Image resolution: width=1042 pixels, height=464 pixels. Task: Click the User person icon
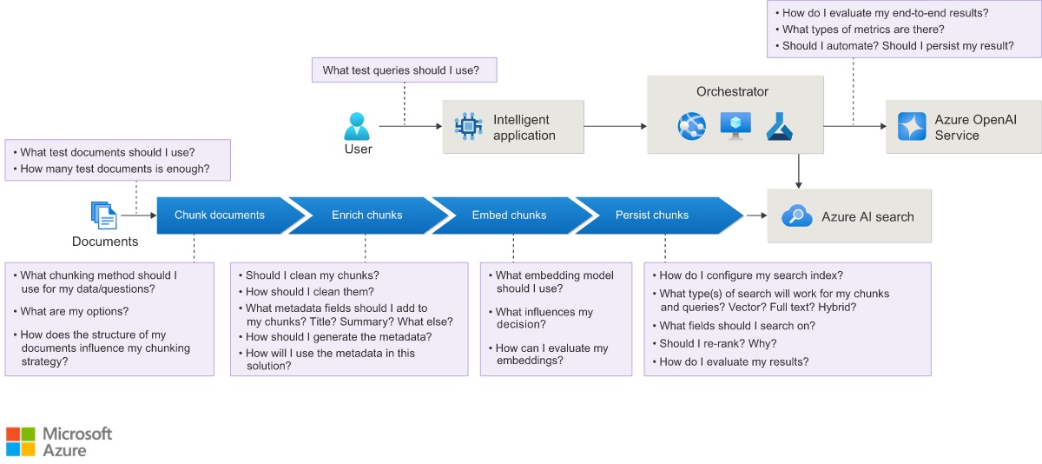[x=357, y=126]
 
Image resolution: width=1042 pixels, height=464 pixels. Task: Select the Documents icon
[x=103, y=215]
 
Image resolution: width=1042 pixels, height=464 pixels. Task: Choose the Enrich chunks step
[x=367, y=215]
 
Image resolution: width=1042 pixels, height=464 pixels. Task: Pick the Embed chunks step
[x=510, y=215]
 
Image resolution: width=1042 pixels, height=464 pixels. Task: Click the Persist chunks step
[x=656, y=215]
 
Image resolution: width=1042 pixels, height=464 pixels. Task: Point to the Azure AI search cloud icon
[x=797, y=216]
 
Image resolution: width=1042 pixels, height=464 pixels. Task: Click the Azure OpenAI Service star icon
[x=912, y=126]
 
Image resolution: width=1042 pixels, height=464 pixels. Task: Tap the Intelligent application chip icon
[x=468, y=126]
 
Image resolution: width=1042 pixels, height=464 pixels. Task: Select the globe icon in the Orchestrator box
[x=692, y=126]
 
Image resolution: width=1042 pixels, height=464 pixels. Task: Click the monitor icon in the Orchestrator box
[x=735, y=126]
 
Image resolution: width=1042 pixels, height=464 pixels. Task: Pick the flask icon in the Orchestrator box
[x=779, y=127]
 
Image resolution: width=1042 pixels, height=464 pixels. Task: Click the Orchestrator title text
[x=732, y=92]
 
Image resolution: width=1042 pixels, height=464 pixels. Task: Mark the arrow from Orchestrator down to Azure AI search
[x=799, y=171]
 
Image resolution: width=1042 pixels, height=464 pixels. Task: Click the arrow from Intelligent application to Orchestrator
[x=616, y=126]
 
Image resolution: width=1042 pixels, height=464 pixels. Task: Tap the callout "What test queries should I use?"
[x=405, y=70]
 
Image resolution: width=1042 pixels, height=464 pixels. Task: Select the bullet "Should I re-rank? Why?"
[x=715, y=343]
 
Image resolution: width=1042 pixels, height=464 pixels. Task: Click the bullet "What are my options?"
[x=70, y=311]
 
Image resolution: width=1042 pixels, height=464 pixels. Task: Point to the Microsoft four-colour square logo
[x=21, y=441]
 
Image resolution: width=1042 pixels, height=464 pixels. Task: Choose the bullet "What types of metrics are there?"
[x=860, y=30]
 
